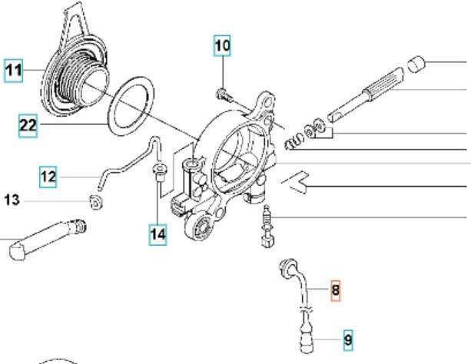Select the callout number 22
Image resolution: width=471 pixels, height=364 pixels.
28,125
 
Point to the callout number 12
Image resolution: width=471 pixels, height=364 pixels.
48,177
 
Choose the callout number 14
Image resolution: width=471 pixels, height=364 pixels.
158,234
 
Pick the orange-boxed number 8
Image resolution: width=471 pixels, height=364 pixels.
335,290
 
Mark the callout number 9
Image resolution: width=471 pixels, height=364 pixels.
347,339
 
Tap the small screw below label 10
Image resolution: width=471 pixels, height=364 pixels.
223,95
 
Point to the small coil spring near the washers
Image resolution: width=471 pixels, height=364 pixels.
291,142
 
